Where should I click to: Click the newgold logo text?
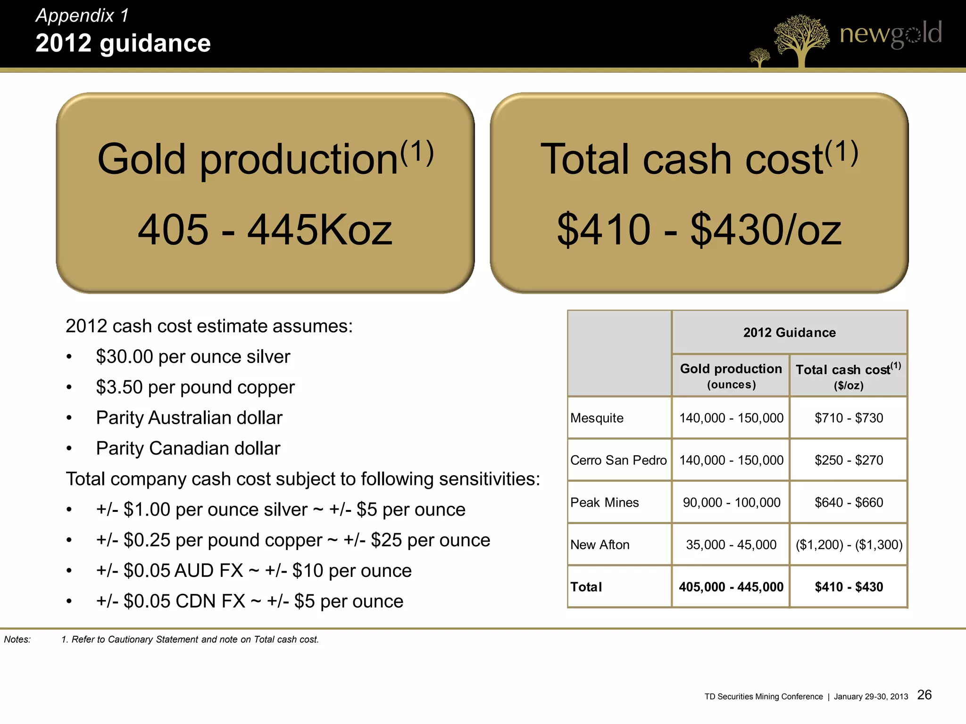point(890,34)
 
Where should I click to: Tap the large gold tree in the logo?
point(801,40)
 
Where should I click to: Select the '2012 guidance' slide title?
point(123,43)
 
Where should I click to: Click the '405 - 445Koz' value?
point(265,230)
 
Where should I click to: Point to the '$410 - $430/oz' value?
point(699,230)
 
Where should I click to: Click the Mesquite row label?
point(597,418)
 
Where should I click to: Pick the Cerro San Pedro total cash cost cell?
point(849,460)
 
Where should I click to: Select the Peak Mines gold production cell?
point(731,502)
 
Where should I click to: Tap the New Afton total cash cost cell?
point(849,545)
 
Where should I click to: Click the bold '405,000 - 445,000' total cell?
point(731,587)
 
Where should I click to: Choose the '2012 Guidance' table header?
point(789,333)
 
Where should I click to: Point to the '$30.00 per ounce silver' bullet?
point(193,357)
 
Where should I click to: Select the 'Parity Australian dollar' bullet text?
point(189,418)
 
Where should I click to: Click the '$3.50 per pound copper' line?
point(195,387)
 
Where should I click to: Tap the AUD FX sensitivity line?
point(254,571)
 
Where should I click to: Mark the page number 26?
point(924,695)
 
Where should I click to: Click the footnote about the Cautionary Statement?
point(190,640)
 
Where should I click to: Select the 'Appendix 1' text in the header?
point(82,16)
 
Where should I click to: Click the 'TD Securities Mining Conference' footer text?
point(763,697)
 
